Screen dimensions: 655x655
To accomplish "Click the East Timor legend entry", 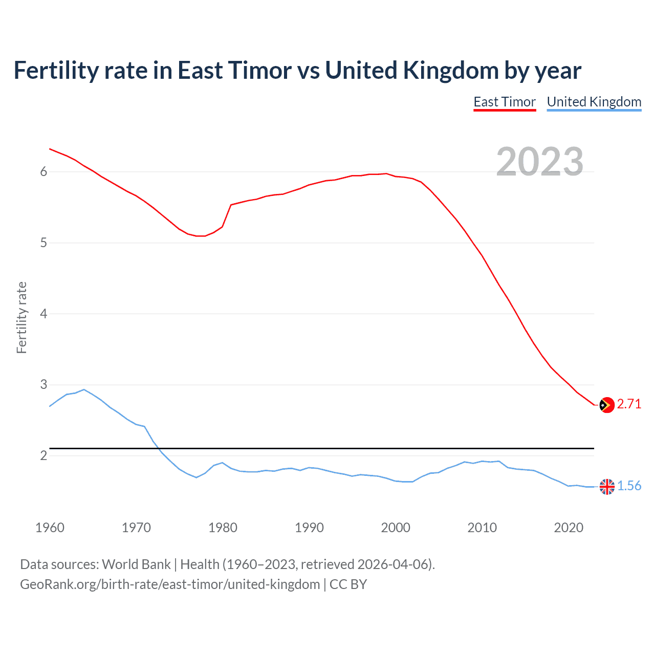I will point(505,102).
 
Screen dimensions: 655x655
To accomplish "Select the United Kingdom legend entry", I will point(594,102).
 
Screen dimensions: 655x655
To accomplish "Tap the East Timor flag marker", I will point(606,405).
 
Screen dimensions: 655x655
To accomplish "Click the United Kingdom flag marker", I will point(606,487).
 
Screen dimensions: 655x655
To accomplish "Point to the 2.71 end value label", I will point(629,404).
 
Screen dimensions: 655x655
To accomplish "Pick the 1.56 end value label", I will point(629,486).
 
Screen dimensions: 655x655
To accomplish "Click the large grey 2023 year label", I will point(540,162).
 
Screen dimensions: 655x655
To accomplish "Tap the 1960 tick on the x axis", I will point(50,528).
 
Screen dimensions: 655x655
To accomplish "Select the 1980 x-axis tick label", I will point(223,528).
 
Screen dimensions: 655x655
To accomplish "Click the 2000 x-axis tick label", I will point(396,528).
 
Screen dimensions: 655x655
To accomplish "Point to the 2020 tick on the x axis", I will point(569,528).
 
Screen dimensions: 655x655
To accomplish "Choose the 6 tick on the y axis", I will point(43,172).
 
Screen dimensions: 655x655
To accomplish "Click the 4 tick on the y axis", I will point(43,314).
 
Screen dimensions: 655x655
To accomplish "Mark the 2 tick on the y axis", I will point(43,455).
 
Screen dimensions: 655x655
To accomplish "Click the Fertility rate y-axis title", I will point(21,317).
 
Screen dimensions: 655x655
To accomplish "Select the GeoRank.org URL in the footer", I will point(170,584).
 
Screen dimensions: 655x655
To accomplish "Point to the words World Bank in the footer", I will point(136,564).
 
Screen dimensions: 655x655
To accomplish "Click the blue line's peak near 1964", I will point(84,389).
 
